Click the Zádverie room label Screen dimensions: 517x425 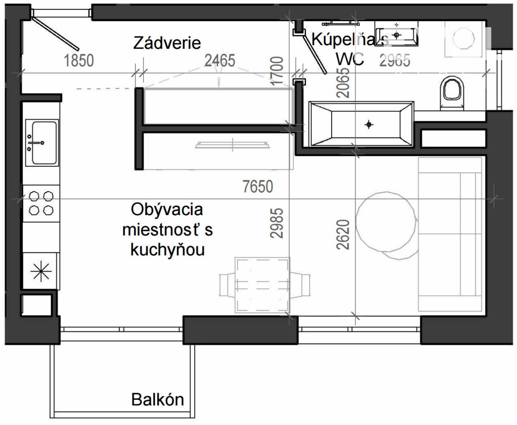click(x=167, y=43)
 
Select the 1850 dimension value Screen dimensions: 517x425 click(x=79, y=61)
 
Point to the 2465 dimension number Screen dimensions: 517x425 click(x=220, y=61)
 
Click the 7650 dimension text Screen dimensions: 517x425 click(x=257, y=186)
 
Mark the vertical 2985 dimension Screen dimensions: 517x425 click(x=277, y=223)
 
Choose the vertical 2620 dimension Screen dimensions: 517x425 click(x=343, y=235)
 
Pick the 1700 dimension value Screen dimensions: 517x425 click(x=277, y=71)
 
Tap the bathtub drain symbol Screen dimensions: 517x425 click(x=369, y=125)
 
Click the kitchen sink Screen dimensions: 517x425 click(x=42, y=143)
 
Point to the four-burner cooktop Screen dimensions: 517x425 click(x=41, y=203)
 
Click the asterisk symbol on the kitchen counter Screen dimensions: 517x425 click(x=41, y=271)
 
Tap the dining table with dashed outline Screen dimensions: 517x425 click(x=262, y=285)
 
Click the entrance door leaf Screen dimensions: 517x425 click(x=56, y=34)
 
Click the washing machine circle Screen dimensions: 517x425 click(x=463, y=38)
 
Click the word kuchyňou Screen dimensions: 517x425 click(x=167, y=250)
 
